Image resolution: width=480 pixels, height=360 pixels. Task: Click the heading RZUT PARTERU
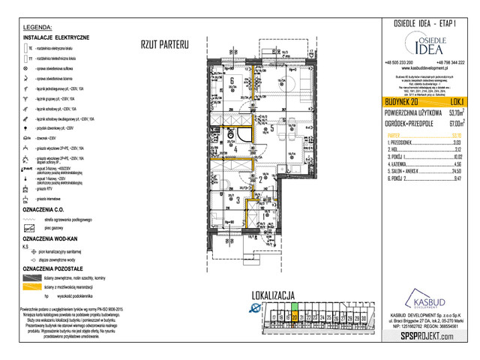click(164, 45)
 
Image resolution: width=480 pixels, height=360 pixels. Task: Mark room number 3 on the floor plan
click(238, 200)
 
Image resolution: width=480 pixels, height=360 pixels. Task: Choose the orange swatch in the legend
click(31, 286)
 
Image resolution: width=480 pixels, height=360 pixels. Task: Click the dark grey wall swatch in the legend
click(31, 276)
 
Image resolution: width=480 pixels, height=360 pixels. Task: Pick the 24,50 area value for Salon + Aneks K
click(456, 171)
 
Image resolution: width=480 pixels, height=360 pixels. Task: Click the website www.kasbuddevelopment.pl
click(424, 67)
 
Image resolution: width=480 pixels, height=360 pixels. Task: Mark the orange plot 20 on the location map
click(295, 317)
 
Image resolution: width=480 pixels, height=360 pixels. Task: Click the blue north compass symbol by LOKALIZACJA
click(256, 308)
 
